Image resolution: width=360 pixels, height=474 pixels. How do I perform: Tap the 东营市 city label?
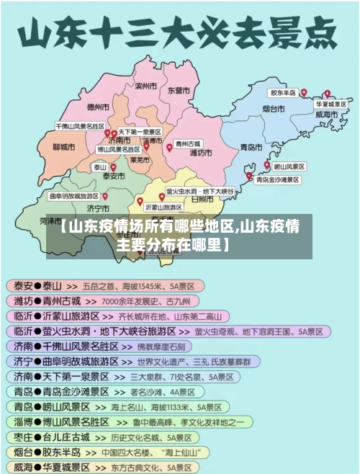[x=179, y=91]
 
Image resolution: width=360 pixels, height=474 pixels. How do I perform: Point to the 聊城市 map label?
[x=64, y=147]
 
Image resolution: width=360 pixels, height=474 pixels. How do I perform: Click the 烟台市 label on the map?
[x=273, y=109]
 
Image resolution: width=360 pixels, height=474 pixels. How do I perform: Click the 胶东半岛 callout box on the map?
[x=283, y=93]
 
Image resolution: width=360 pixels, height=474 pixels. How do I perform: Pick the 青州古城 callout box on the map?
[x=189, y=144]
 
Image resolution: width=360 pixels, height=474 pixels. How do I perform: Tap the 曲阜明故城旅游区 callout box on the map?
[x=73, y=196]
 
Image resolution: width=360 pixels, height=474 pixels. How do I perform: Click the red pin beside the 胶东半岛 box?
[x=304, y=93]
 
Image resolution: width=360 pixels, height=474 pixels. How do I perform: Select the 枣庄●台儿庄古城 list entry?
[x=51, y=437]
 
